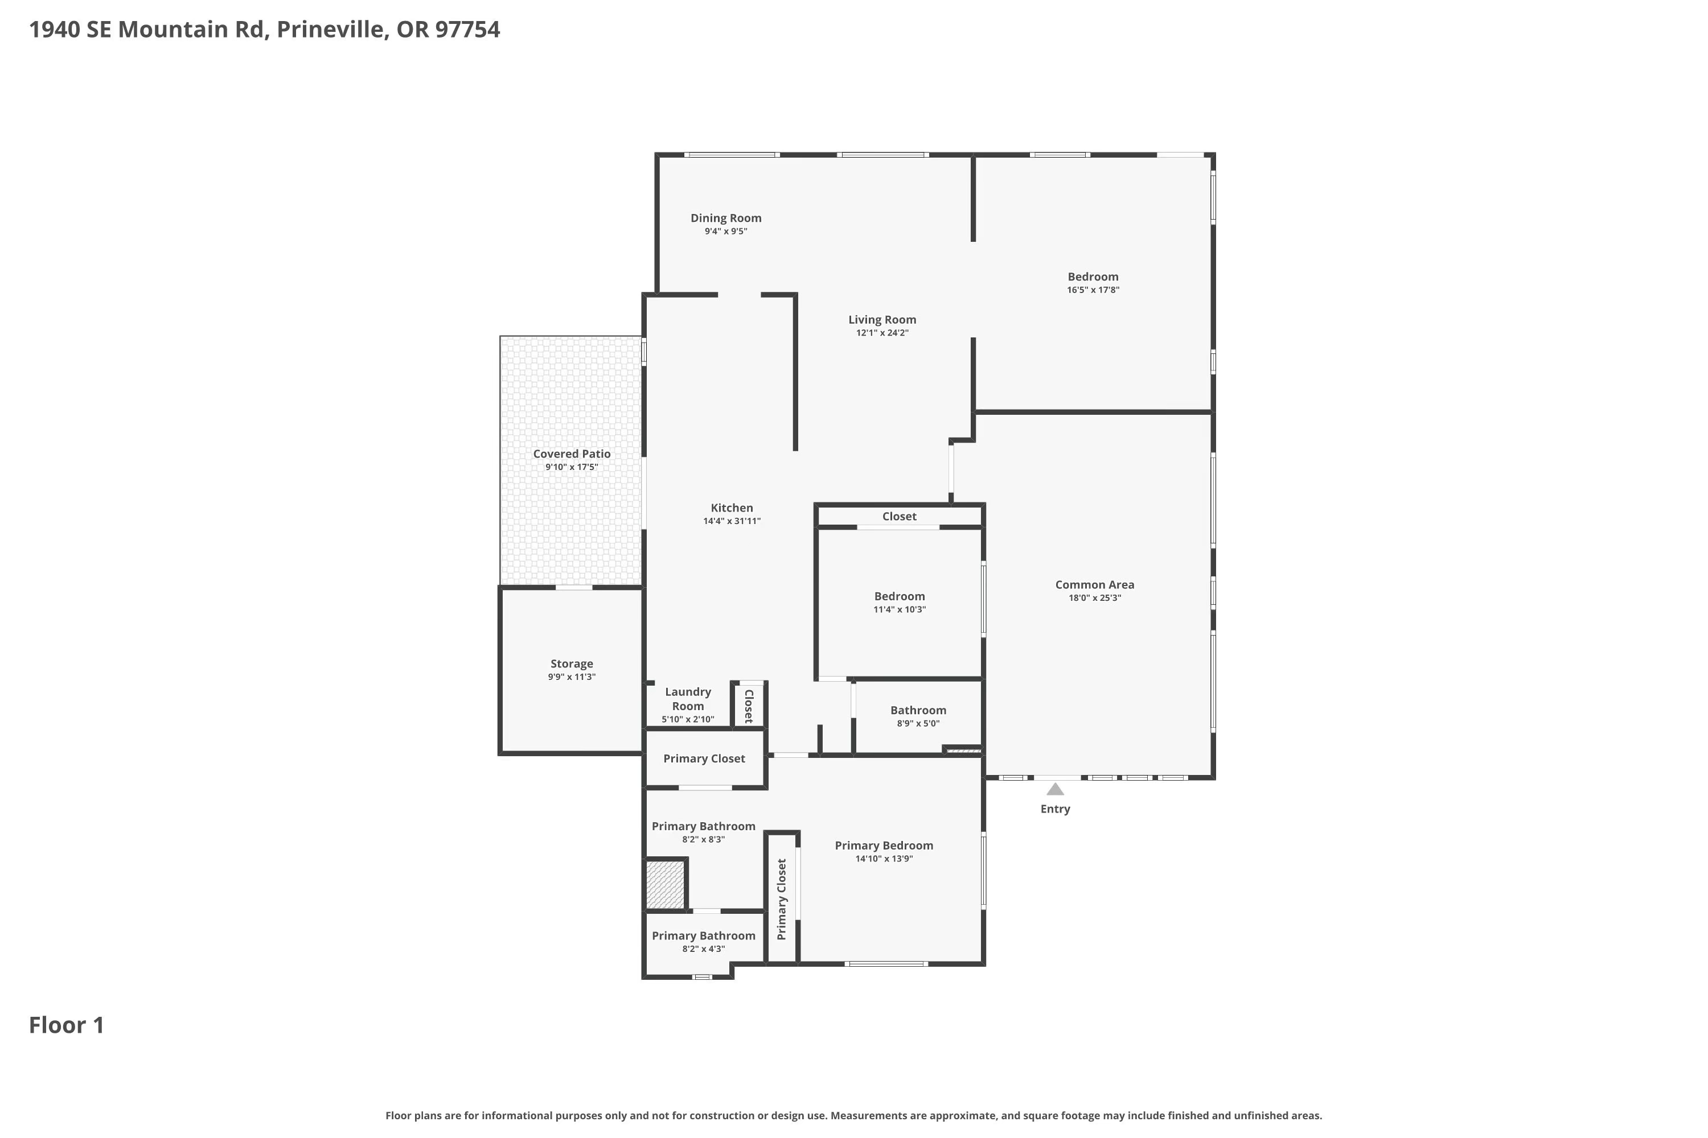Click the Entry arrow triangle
[1055, 789]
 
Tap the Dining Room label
[725, 218]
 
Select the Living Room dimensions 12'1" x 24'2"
[882, 333]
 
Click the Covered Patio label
[572, 453]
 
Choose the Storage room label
[572, 664]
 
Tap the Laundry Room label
[688, 699]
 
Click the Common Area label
[1094, 585]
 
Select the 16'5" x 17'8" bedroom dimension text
[1093, 290]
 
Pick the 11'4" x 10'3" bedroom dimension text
[900, 609]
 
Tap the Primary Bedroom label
[884, 846]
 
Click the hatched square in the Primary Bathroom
[665, 885]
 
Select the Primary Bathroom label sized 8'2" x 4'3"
[704, 936]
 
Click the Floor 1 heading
[67, 1025]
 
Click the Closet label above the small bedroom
[899, 517]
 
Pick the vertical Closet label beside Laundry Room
[749, 706]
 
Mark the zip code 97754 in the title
[467, 30]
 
